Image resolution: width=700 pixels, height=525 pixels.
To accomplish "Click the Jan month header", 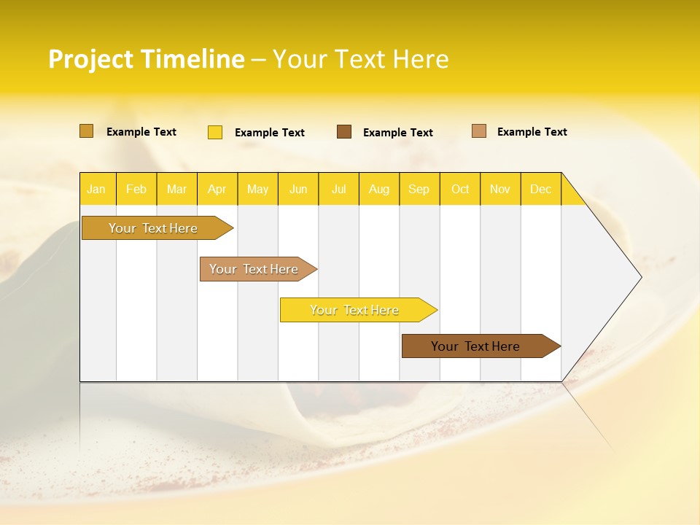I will point(96,189).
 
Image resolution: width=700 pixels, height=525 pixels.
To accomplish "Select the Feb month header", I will point(136,189).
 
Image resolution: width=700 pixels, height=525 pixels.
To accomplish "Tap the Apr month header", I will point(217,189).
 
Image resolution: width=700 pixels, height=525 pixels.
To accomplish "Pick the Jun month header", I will point(298,189).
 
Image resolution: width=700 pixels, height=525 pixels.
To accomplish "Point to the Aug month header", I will point(378,189).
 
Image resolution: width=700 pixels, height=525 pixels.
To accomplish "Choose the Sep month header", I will point(419,189).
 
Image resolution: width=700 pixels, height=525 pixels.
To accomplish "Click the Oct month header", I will point(460,189).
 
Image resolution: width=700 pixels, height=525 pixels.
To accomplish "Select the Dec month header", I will point(540,189).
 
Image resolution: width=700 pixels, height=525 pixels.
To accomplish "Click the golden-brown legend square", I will point(86,131).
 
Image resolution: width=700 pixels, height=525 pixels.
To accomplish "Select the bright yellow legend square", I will point(215,132).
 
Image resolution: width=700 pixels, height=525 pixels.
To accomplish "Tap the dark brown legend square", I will point(344,132).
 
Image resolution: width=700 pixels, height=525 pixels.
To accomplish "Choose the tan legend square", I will point(478,131).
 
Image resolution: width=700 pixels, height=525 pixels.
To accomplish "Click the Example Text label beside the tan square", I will point(532,132).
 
